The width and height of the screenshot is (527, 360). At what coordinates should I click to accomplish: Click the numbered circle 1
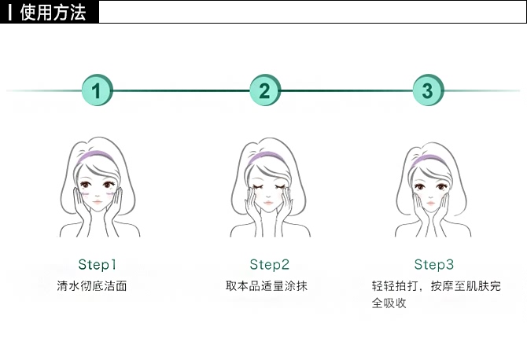pos(97,90)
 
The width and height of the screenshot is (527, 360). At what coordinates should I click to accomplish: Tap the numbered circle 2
pos(264,90)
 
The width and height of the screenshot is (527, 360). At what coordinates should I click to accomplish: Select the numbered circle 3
pos(427,90)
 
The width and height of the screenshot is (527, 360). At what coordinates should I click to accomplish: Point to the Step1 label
pos(98,264)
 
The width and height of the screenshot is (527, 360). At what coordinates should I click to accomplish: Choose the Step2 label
pos(270,264)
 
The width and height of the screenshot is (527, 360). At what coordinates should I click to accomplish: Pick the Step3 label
pos(434,264)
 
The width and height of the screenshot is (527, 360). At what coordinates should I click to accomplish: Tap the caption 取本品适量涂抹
pos(266,285)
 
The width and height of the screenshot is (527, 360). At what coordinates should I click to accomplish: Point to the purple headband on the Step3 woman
pos(427,160)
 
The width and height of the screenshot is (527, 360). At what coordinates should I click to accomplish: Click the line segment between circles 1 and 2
pos(181,90)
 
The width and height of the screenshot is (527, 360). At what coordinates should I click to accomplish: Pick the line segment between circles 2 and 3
pos(346,90)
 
